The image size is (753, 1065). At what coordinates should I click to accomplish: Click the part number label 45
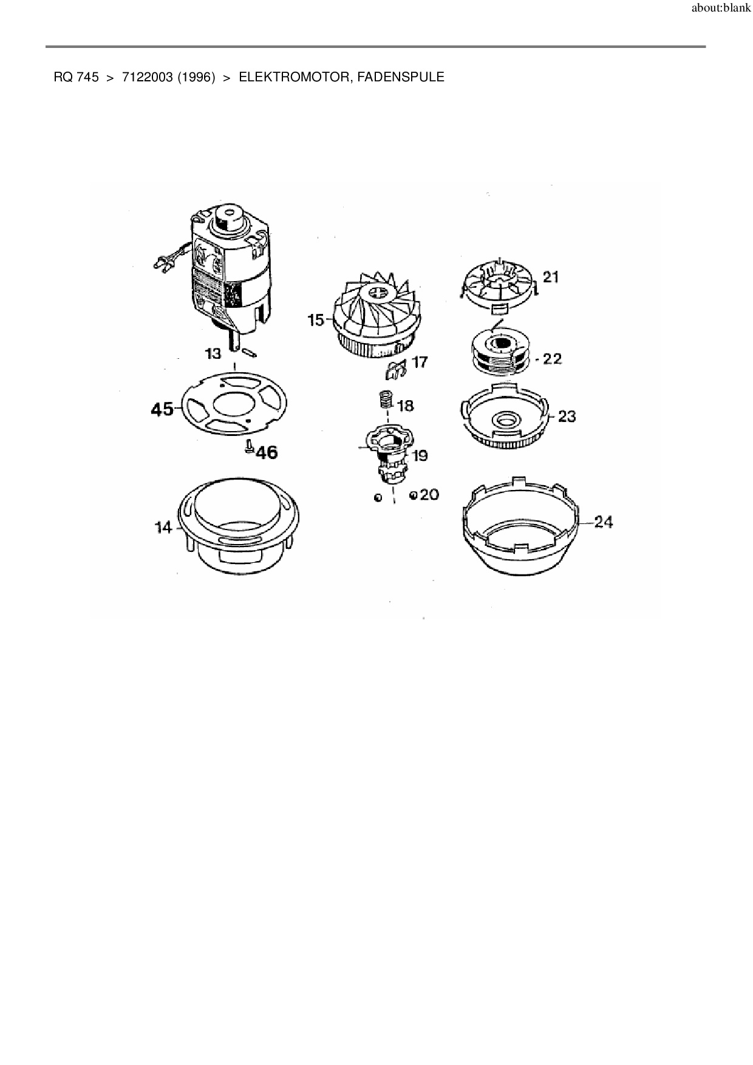pos(162,409)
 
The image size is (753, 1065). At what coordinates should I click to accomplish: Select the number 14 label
pos(164,528)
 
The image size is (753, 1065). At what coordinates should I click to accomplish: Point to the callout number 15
pos(316,320)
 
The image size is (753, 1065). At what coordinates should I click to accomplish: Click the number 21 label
pos(551,277)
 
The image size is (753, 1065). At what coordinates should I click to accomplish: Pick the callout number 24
pos(604,522)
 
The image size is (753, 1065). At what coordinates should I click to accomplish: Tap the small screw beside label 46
pos(248,447)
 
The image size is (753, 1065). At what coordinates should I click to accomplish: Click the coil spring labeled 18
pos(384,401)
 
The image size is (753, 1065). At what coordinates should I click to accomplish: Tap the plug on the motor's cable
pos(162,264)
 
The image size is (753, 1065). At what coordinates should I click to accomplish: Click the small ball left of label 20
pos(378,497)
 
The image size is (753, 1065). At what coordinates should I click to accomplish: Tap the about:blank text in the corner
pos(721,9)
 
